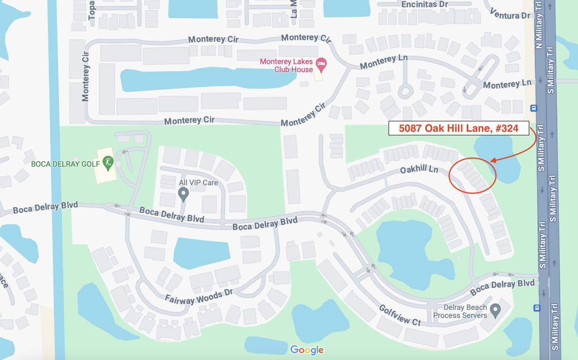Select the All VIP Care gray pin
pyautogui.click(x=183, y=193)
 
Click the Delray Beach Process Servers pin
pyautogui.click(x=495, y=309)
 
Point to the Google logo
pyautogui.click(x=307, y=350)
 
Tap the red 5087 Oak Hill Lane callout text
pyautogui.click(x=458, y=128)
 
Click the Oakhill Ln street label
pyautogui.click(x=419, y=169)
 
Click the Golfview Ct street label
pyautogui.click(x=400, y=315)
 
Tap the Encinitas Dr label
pyautogui.click(x=424, y=4)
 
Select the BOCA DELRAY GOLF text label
pyautogui.click(x=65, y=164)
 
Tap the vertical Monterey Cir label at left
pyautogui.click(x=85, y=76)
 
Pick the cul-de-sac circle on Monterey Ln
pyautogui.click(x=405, y=90)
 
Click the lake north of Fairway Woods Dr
pyautogui.click(x=202, y=253)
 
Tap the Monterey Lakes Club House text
pyautogui.click(x=286, y=66)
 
